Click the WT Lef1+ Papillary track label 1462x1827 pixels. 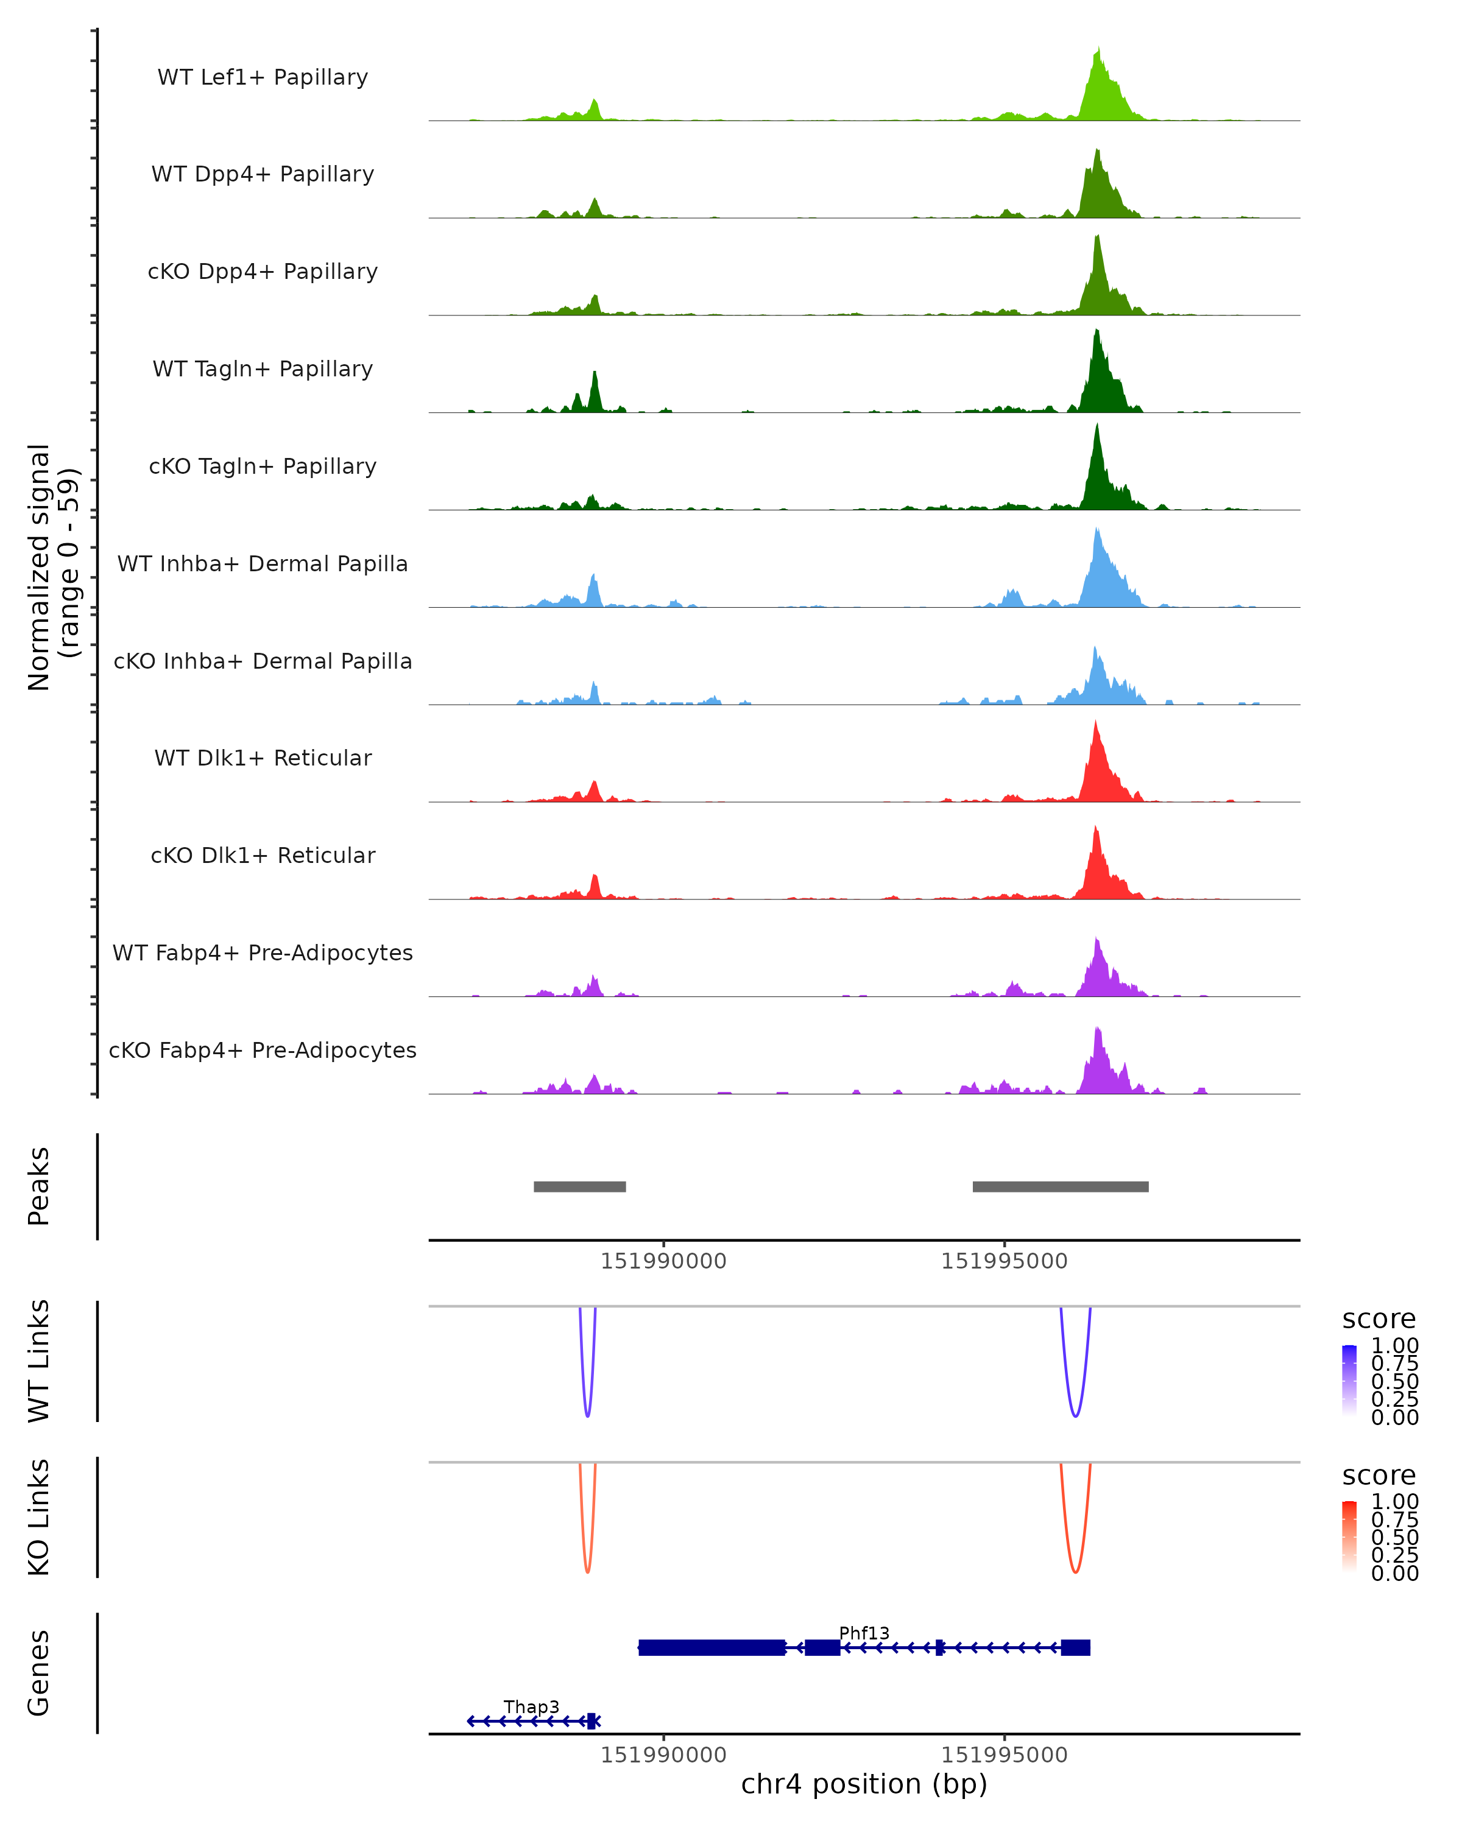tap(263, 77)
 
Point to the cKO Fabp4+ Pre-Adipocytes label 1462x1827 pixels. tap(263, 1050)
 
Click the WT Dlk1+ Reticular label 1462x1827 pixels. tap(263, 758)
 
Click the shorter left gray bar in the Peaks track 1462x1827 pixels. tap(580, 1186)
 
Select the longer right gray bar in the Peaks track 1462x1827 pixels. tap(1061, 1186)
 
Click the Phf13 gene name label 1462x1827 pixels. tap(864, 1633)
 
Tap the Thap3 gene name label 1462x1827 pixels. tap(531, 1706)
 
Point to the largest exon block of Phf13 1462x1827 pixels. tap(712, 1647)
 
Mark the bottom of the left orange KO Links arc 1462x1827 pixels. tap(587, 1572)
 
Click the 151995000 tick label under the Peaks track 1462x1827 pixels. tap(1005, 1262)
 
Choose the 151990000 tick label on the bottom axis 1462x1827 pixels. tap(663, 1755)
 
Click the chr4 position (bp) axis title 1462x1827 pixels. tap(864, 1784)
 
